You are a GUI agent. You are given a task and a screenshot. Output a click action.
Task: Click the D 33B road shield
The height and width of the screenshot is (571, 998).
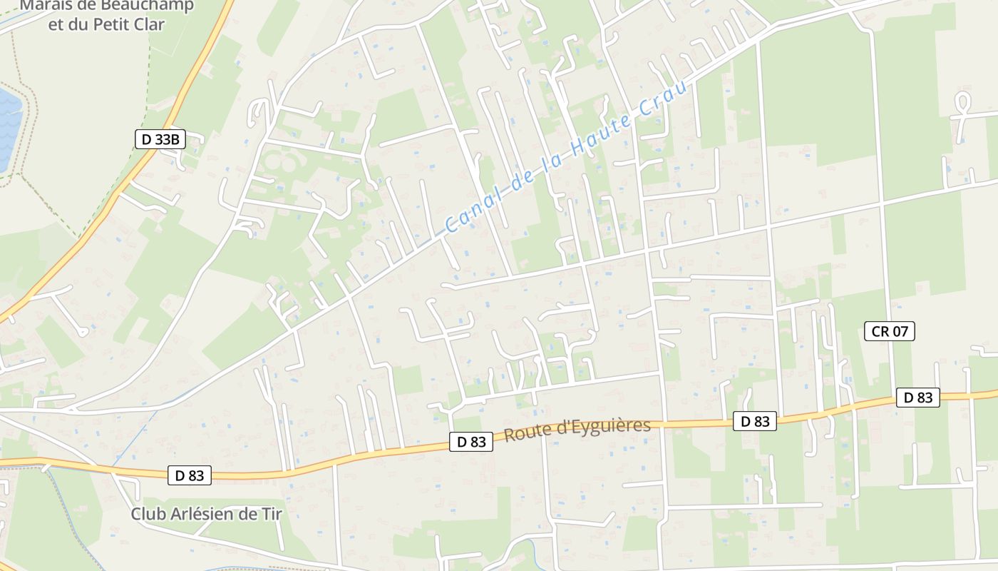160,139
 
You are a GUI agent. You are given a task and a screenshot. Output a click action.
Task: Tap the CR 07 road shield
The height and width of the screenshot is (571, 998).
889,331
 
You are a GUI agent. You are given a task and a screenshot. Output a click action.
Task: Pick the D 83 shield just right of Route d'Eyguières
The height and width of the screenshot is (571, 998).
755,421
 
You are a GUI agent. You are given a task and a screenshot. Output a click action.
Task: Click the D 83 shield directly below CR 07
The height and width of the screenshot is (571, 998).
917,398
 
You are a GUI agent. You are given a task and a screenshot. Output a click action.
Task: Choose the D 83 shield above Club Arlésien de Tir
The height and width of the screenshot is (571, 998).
190,475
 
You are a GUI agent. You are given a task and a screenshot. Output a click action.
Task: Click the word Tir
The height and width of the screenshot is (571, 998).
272,514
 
